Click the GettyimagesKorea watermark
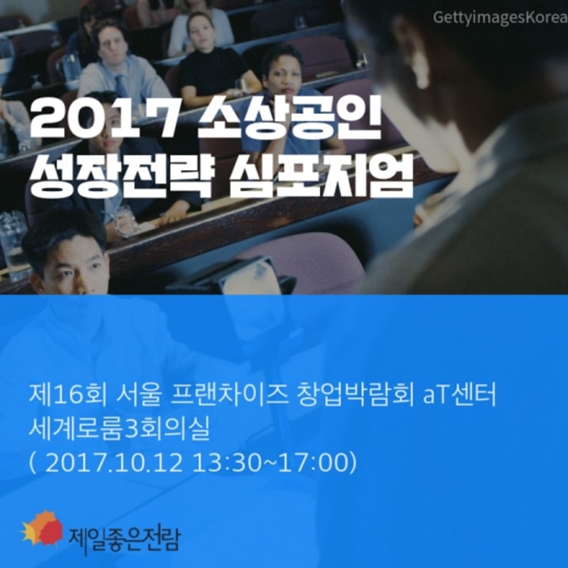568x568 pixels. click(x=500, y=17)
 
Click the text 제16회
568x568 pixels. click(x=68, y=395)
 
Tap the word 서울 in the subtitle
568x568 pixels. click(x=139, y=395)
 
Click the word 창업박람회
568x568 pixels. click(x=355, y=395)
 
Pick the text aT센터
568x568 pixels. click(x=460, y=395)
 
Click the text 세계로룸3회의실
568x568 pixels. click(x=120, y=428)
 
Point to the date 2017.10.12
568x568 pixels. click(x=114, y=463)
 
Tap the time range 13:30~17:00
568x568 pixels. click(x=271, y=463)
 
